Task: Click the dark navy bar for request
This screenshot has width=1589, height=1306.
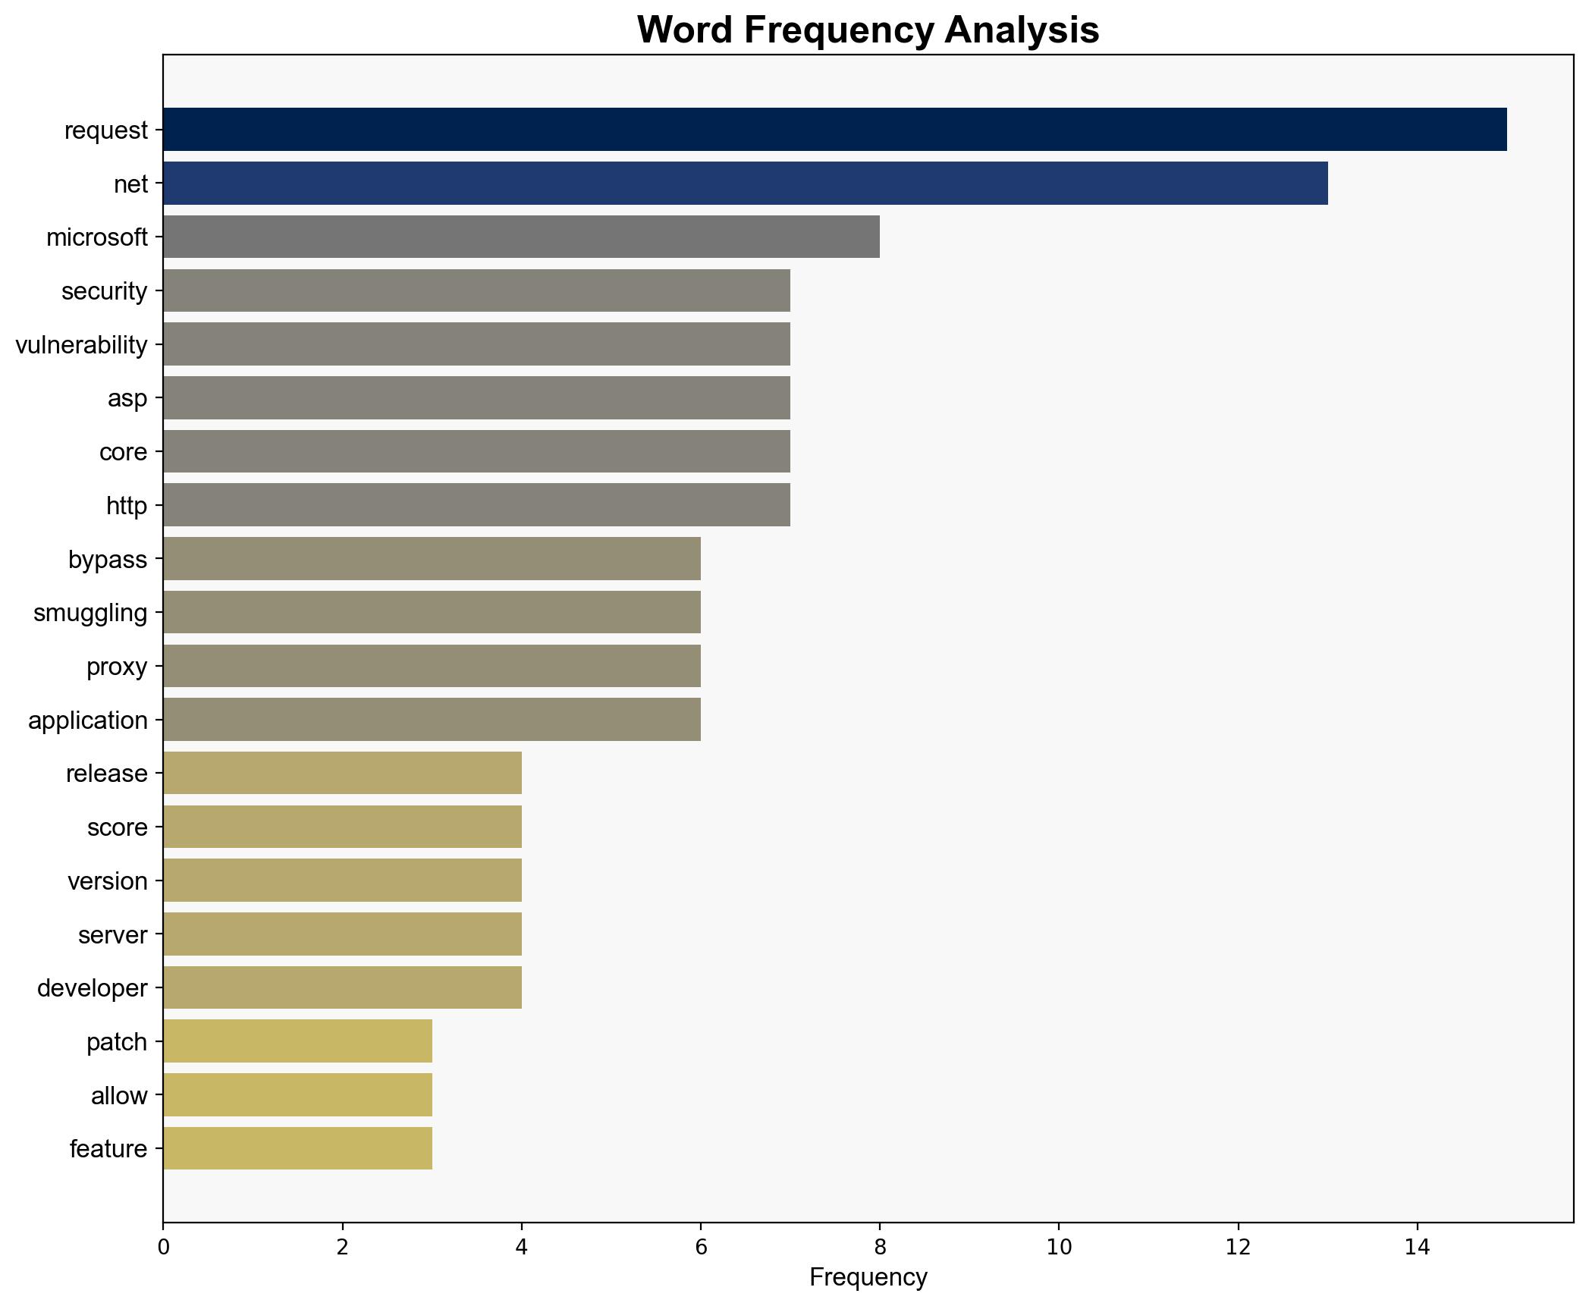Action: click(834, 130)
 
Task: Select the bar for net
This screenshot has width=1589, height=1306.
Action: click(745, 184)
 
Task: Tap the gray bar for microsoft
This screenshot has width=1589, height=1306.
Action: click(521, 237)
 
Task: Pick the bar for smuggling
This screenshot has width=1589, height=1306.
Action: click(432, 612)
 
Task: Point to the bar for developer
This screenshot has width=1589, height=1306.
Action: click(342, 987)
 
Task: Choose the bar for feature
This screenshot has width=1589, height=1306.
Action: click(297, 1148)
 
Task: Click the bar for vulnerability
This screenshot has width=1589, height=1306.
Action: click(476, 344)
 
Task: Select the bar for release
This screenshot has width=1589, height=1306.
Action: click(342, 773)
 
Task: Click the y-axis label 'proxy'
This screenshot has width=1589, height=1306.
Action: click(117, 667)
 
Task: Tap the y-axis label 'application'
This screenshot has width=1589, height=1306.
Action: click(88, 720)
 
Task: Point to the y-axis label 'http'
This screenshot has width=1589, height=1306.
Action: click(127, 506)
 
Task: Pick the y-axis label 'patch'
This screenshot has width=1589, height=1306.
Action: click(117, 1042)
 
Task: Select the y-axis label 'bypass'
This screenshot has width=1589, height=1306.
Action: click(108, 560)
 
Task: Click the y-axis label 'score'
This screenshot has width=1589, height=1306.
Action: click(118, 827)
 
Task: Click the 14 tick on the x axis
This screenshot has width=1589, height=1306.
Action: click(1417, 1248)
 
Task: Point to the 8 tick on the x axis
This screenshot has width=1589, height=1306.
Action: click(880, 1248)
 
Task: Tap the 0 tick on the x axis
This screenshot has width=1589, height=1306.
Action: click(163, 1248)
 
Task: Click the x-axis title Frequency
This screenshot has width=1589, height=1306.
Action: click(868, 1278)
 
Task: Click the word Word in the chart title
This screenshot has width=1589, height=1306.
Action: click(684, 30)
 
